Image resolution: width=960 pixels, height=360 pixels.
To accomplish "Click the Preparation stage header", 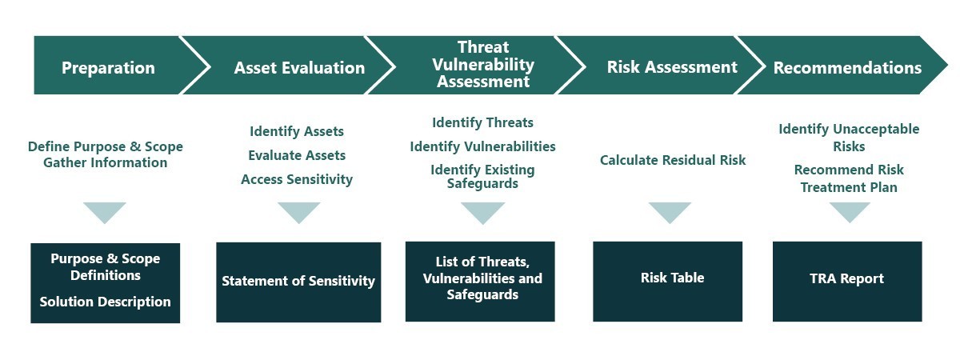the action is click(108, 68).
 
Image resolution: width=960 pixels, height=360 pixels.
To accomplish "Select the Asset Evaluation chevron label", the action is click(299, 68).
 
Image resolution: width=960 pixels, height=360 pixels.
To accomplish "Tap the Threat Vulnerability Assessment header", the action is click(483, 64).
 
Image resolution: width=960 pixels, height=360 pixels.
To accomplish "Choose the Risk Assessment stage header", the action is click(672, 67).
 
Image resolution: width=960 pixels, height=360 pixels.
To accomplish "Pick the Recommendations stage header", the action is click(847, 68).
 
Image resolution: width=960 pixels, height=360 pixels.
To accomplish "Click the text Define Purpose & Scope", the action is click(106, 146).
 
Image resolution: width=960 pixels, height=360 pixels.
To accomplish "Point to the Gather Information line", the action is click(106, 162).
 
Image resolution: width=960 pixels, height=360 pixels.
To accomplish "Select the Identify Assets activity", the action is click(297, 131).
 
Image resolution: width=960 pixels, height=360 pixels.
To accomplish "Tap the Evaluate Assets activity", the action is click(297, 155).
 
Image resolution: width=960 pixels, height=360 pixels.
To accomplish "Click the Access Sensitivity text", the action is click(297, 179).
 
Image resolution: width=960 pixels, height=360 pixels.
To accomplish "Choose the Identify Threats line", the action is click(482, 122).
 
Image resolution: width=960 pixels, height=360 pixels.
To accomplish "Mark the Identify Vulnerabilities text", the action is click(482, 146).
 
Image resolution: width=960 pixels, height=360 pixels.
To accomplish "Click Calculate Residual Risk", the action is click(673, 160).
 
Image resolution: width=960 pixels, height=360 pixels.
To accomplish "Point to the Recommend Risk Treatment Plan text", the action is click(849, 178).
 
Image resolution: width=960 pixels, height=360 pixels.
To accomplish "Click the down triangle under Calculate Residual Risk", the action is click(670, 213).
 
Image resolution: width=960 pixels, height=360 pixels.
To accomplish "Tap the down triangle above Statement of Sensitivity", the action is click(298, 213).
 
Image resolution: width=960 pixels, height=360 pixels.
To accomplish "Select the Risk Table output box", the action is click(667, 281).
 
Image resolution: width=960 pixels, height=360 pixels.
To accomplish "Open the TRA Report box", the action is click(847, 281).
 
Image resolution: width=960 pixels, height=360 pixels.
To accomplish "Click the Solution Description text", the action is click(105, 302).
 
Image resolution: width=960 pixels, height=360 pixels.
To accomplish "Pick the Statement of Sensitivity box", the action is click(298, 282).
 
